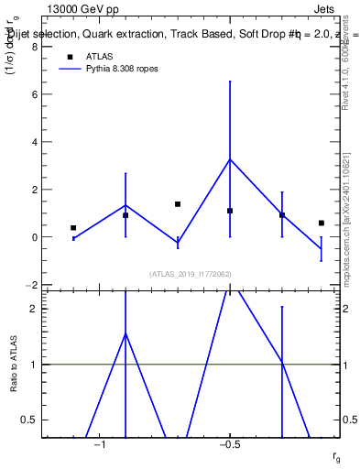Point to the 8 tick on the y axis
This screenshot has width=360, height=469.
(x=36, y=47)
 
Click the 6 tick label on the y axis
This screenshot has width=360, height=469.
(x=36, y=94)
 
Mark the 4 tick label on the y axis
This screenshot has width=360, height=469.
(x=36, y=142)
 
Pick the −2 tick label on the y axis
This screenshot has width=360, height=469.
(x=33, y=285)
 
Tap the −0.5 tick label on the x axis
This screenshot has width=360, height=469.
(x=229, y=443)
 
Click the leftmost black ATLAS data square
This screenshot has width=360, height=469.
(x=73, y=227)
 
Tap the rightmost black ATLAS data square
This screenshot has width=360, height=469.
(x=322, y=223)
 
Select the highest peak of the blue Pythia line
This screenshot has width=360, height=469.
(x=230, y=159)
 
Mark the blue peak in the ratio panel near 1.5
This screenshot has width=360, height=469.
(x=125, y=333)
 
